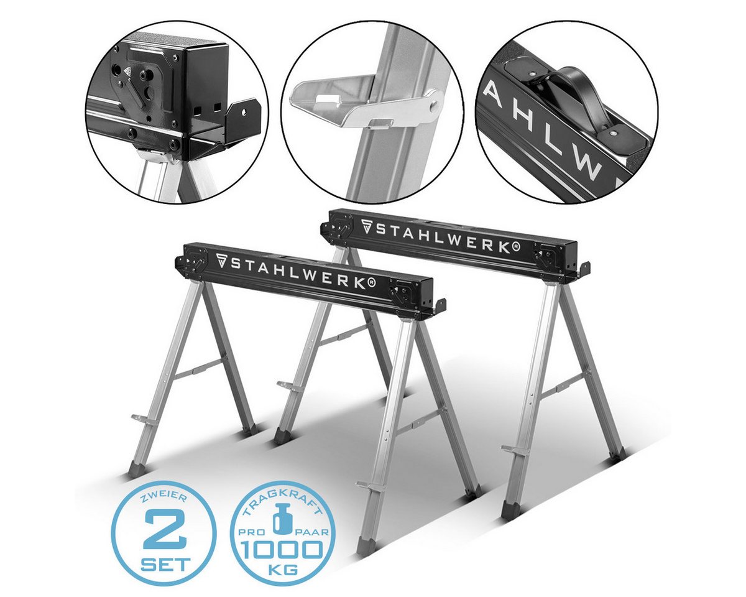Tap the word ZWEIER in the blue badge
click(163, 501)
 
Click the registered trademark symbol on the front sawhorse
click(371, 284)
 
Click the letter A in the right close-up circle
click(495, 95)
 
